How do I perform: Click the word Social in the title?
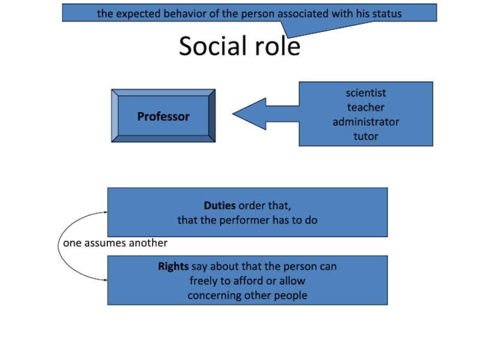(211, 46)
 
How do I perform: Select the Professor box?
(163, 116)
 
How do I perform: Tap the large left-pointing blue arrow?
(264, 113)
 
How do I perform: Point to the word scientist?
(365, 93)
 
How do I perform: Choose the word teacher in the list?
(365, 107)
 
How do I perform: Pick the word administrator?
(365, 122)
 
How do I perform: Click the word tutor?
(365, 136)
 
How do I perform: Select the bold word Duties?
(220, 206)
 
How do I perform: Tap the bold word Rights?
(173, 266)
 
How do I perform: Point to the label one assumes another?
(116, 243)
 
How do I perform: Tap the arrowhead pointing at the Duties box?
(104, 212)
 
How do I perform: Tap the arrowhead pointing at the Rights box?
(104, 280)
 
